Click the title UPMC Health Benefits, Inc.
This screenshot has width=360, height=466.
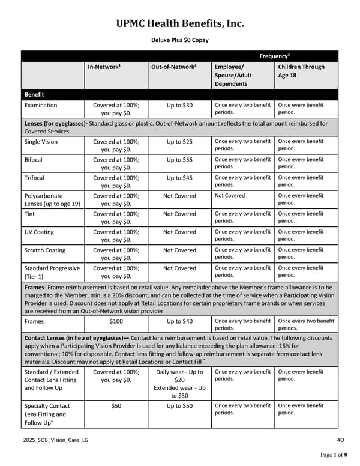pyautogui.click(x=180, y=23)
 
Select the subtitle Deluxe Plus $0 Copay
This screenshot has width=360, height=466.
pyautogui.click(x=180, y=40)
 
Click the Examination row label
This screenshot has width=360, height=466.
pyautogui.click(x=41, y=106)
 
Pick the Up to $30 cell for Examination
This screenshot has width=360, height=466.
pyautogui.click(x=179, y=106)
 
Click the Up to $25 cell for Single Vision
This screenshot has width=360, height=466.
pyautogui.click(x=179, y=141)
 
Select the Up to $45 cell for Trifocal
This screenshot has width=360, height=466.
pyautogui.click(x=179, y=178)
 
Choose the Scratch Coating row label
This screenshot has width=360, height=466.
pyautogui.click(x=45, y=250)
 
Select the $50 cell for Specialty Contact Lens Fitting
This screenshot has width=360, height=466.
pyautogui.click(x=116, y=406)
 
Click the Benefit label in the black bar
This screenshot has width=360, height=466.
pyautogui.click(x=34, y=94)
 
